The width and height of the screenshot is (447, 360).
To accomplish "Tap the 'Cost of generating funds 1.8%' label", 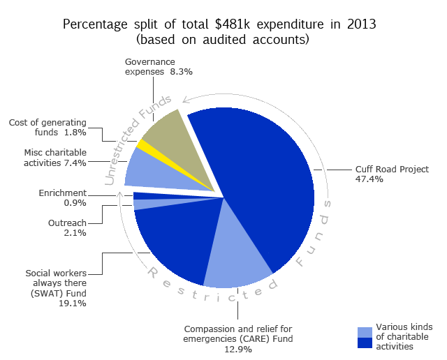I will click(50, 127).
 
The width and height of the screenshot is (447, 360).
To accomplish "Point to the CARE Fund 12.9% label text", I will click(237, 338).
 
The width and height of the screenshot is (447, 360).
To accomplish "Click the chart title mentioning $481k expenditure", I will click(219, 24).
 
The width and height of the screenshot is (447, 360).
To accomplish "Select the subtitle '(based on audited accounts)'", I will click(219, 40).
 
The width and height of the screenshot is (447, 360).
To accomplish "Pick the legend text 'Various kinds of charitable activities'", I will click(404, 336).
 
